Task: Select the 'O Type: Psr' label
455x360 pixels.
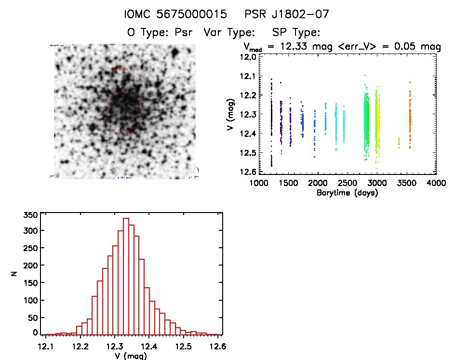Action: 159,33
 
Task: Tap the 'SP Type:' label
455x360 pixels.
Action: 296,33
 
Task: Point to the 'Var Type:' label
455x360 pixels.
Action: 229,33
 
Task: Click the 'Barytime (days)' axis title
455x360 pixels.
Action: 347,193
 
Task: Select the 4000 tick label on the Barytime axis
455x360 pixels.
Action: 436,183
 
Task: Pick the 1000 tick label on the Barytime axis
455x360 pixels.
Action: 258,183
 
